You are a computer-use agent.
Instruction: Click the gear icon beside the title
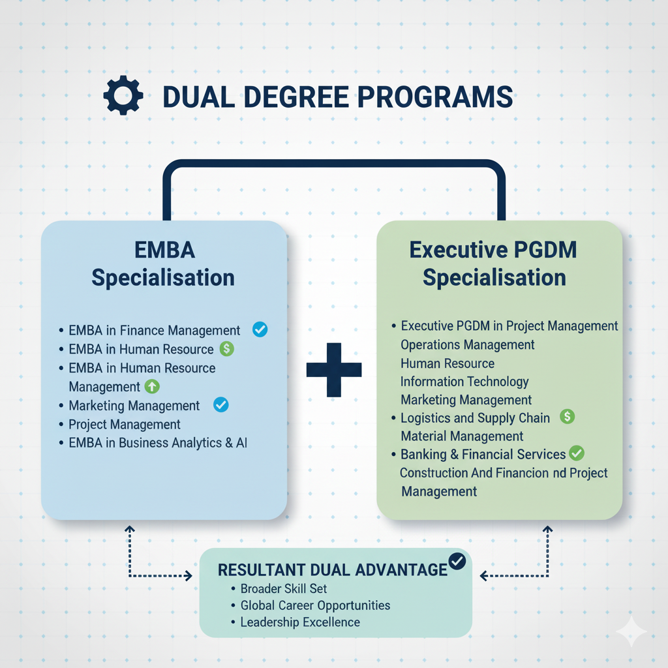click(x=123, y=97)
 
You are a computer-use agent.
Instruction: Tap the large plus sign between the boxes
click(x=334, y=370)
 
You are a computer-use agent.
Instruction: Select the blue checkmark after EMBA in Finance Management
click(x=260, y=329)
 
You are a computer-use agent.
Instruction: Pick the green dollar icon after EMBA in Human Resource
click(x=227, y=349)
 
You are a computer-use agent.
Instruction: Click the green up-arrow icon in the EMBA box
click(x=151, y=387)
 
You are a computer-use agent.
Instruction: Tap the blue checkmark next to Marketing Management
click(x=221, y=405)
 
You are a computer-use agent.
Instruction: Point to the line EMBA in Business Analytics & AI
click(x=158, y=443)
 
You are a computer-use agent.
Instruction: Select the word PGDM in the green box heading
click(x=545, y=250)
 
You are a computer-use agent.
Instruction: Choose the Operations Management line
click(x=468, y=344)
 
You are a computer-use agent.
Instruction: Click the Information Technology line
click(x=464, y=381)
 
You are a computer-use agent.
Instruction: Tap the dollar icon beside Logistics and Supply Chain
click(x=568, y=416)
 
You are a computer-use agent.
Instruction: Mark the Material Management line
click(x=462, y=436)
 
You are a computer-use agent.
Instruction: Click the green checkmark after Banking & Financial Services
click(x=577, y=453)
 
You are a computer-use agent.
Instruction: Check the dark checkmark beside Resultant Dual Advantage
click(x=457, y=561)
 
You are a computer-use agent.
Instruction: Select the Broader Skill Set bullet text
click(x=284, y=588)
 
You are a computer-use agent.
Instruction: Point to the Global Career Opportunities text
click(x=315, y=605)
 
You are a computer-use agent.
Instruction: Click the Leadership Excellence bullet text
click(x=300, y=622)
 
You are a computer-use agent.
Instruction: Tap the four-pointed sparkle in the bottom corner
click(x=631, y=631)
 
